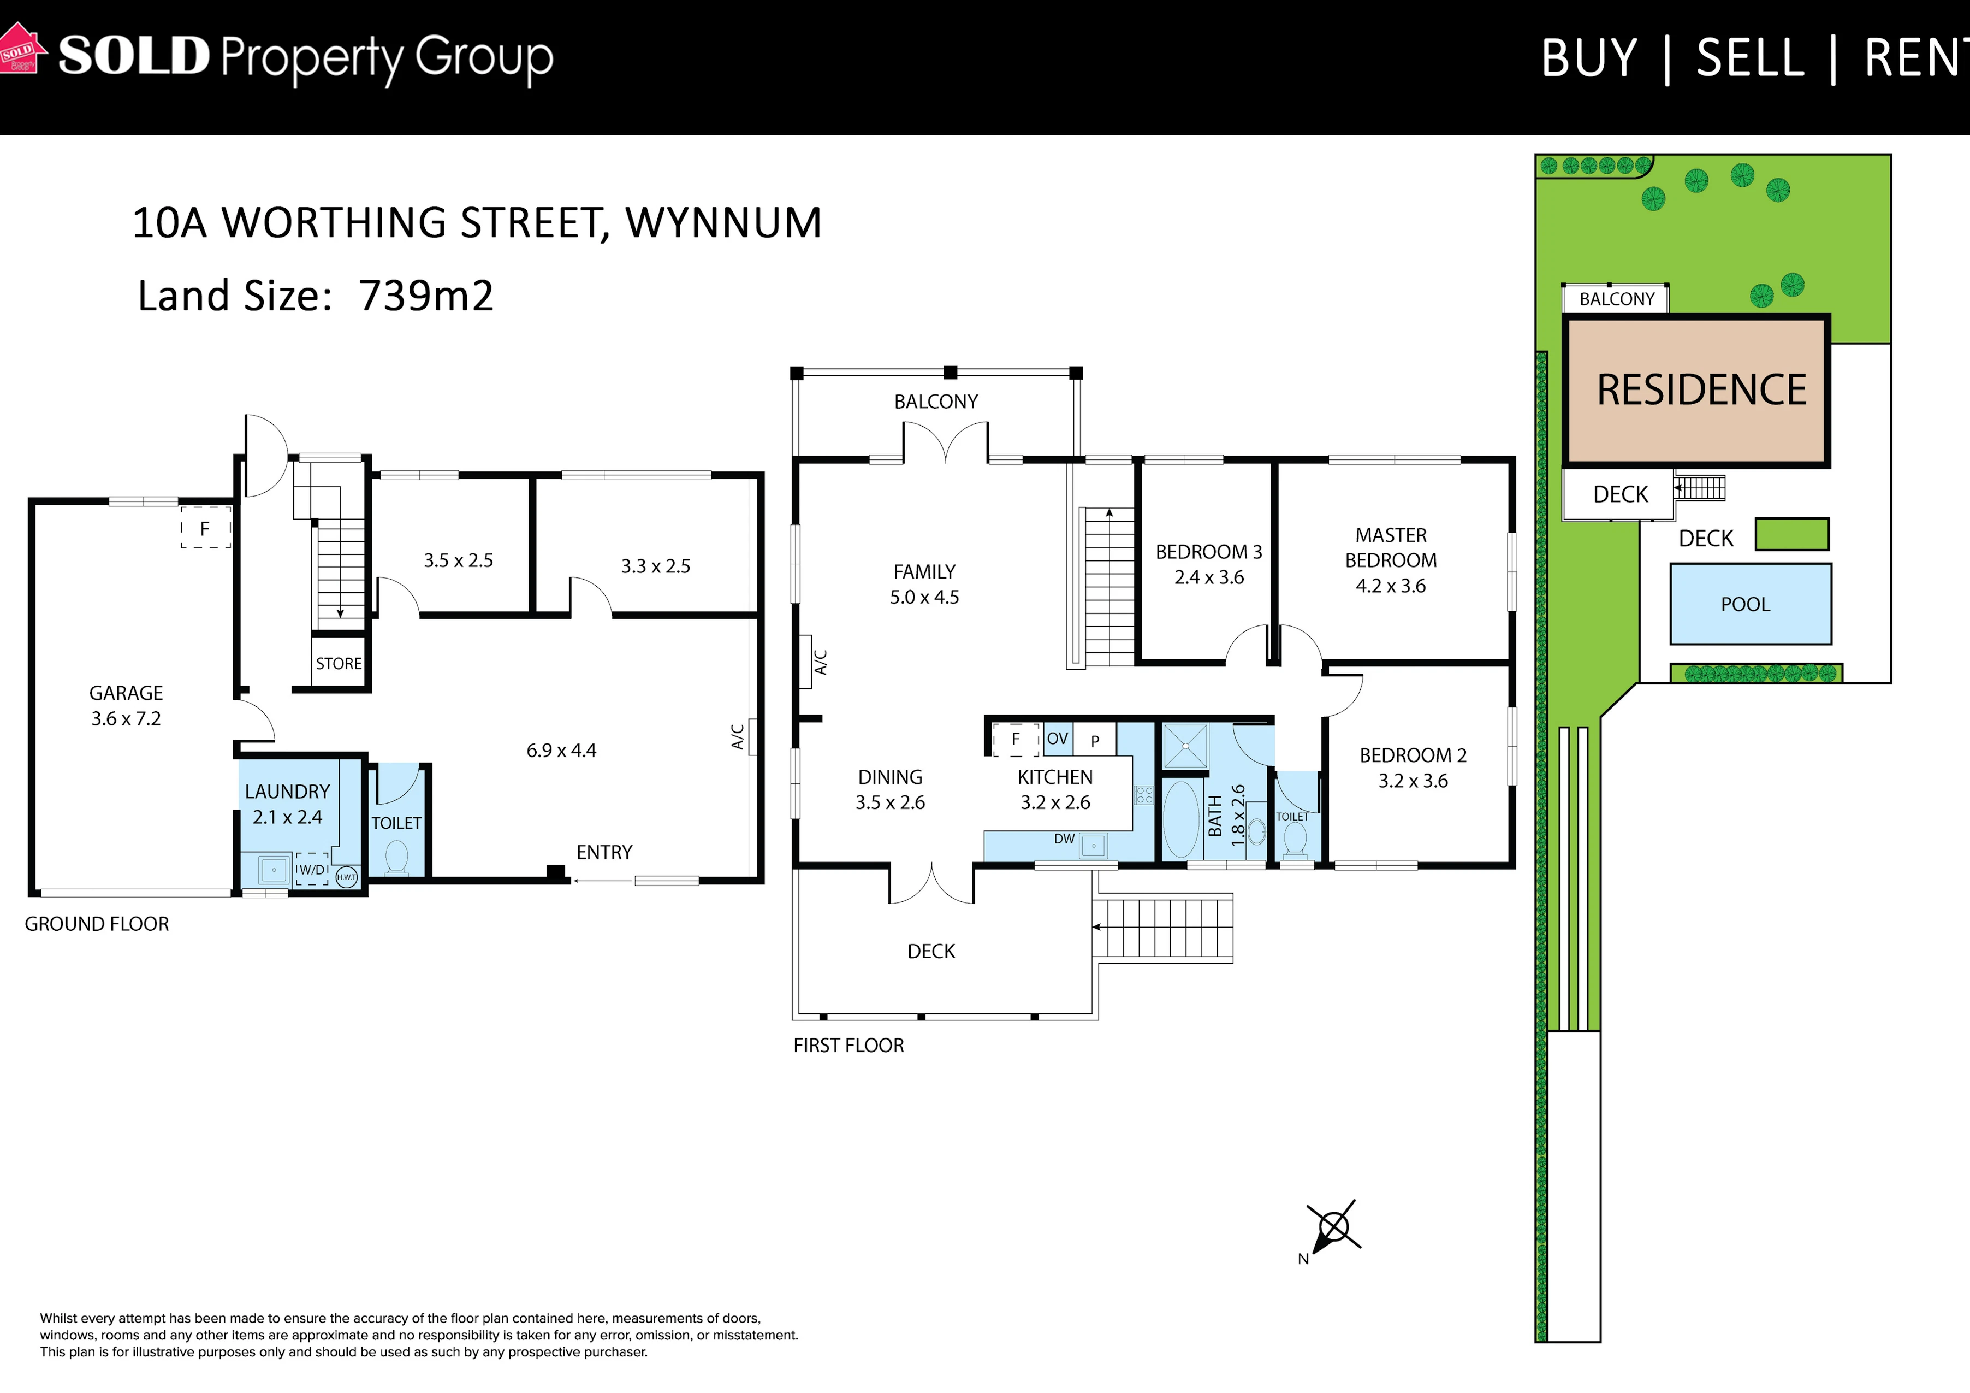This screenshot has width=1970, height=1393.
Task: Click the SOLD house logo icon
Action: point(21,49)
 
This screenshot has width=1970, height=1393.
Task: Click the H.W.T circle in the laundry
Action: point(347,877)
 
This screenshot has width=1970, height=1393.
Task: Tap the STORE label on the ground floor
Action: point(339,664)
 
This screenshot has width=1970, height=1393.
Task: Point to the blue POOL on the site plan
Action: point(1751,604)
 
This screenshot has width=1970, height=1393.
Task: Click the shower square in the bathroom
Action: point(1185,746)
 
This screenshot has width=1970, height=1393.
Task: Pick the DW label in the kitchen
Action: point(1064,839)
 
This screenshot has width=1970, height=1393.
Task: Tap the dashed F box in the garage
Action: point(205,528)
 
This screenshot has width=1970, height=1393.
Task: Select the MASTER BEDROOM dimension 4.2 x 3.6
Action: point(1391,586)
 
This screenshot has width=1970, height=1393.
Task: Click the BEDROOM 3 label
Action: point(1209,552)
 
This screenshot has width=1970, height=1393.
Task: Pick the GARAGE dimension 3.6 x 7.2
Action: point(126,718)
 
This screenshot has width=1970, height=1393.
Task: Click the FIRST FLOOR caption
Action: point(848,1046)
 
